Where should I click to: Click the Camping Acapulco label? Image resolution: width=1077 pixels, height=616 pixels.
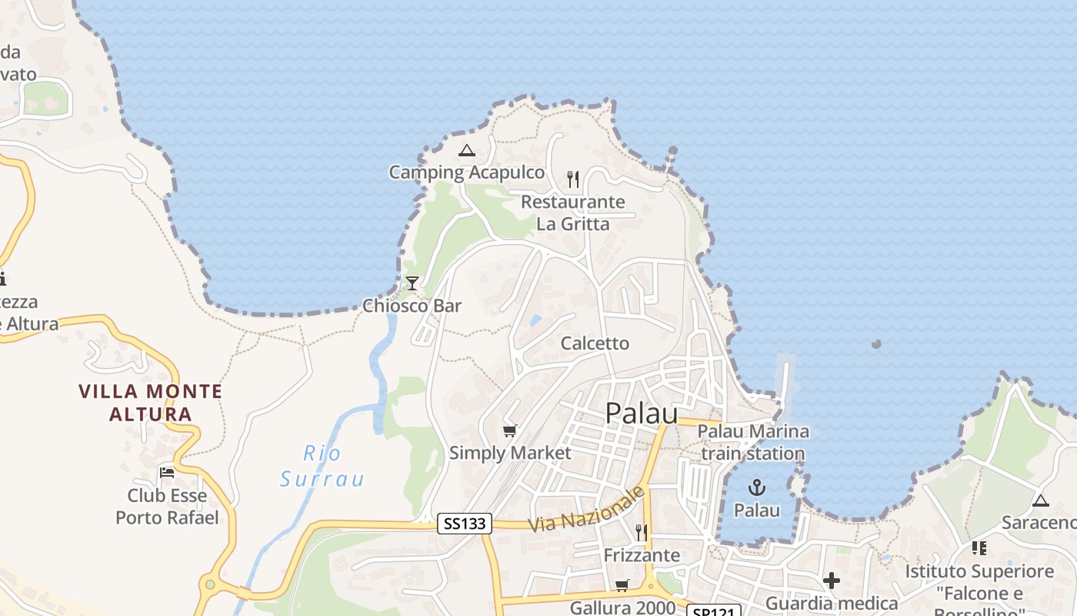pyautogui.click(x=466, y=172)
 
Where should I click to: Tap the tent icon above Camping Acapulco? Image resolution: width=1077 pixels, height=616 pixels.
pyautogui.click(x=466, y=150)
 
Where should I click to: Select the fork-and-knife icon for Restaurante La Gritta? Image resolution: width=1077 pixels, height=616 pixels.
pyautogui.click(x=572, y=179)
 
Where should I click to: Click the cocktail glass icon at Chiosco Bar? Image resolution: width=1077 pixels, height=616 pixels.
pyautogui.click(x=412, y=283)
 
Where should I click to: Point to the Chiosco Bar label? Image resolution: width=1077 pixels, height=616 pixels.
pyautogui.click(x=412, y=306)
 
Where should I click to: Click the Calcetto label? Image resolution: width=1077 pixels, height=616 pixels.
pyautogui.click(x=595, y=343)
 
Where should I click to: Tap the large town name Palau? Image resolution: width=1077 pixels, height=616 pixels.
pyautogui.click(x=642, y=413)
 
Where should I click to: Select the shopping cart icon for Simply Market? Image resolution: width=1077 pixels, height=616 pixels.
pyautogui.click(x=509, y=430)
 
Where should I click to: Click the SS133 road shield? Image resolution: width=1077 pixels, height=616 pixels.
pyautogui.click(x=465, y=524)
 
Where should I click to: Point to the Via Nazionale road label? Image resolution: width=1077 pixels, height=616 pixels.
pyautogui.click(x=586, y=509)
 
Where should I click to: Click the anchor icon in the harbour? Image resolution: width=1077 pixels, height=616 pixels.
pyautogui.click(x=757, y=487)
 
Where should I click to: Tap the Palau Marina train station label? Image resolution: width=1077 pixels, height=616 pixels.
pyautogui.click(x=753, y=443)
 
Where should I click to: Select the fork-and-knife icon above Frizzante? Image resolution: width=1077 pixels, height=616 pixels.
pyautogui.click(x=642, y=532)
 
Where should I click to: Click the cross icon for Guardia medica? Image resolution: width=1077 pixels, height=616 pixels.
pyautogui.click(x=831, y=580)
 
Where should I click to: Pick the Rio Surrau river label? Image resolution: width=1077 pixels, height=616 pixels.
pyautogui.click(x=322, y=466)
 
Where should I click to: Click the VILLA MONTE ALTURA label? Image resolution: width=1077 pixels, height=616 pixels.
pyautogui.click(x=151, y=403)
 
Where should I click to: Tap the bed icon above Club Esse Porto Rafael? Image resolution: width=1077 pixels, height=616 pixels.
pyautogui.click(x=167, y=472)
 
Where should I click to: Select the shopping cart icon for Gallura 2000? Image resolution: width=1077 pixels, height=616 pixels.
pyautogui.click(x=622, y=585)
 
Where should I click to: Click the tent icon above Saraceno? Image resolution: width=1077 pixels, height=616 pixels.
pyautogui.click(x=1040, y=501)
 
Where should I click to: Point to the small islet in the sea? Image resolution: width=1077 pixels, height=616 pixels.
pyautogui.click(x=875, y=344)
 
